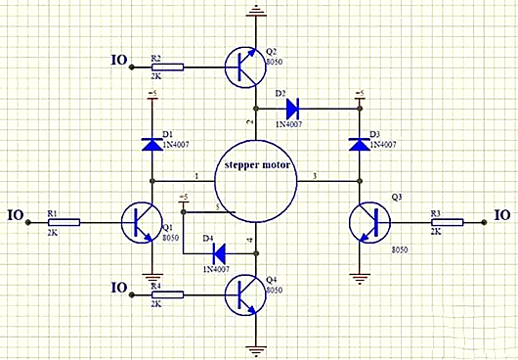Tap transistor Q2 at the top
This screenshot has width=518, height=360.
click(246, 67)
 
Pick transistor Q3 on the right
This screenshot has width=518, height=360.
click(368, 224)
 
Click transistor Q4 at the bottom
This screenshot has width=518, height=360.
click(246, 292)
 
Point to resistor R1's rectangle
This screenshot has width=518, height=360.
click(65, 223)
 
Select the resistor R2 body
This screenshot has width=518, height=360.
click(167, 67)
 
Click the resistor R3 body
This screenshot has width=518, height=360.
click(446, 223)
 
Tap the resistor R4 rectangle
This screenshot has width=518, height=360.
click(167, 292)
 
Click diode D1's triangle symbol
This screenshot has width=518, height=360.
click(152, 145)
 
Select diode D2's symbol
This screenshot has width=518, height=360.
click(290, 108)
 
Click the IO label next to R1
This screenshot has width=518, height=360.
click(15, 214)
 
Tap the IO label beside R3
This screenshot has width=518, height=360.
click(501, 214)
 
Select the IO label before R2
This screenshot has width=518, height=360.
click(119, 60)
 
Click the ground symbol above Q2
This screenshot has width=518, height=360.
click(256, 13)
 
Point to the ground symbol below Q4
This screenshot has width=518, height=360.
click(256, 348)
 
